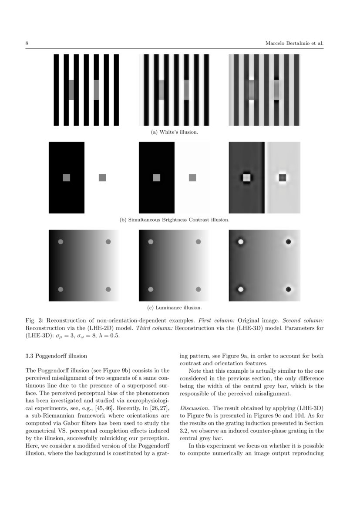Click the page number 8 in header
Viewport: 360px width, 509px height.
[x=27, y=44]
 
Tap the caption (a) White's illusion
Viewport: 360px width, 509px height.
[x=175, y=131]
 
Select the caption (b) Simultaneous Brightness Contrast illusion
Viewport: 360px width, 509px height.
[x=175, y=219]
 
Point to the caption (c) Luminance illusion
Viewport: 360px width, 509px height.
[x=175, y=307]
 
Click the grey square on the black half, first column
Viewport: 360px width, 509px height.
[x=66, y=178]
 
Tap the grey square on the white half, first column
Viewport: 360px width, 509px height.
[x=102, y=178]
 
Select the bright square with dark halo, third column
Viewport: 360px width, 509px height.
[x=246, y=178]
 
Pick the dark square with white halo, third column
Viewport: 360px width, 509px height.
[x=283, y=178]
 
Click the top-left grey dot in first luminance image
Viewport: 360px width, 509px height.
[x=61, y=242]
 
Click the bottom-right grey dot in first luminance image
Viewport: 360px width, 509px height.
[x=108, y=289]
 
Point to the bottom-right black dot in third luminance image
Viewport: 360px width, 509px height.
[x=288, y=289]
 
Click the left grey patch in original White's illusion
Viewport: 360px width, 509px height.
[x=71, y=90]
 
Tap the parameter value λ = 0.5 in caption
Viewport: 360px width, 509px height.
[x=107, y=336]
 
